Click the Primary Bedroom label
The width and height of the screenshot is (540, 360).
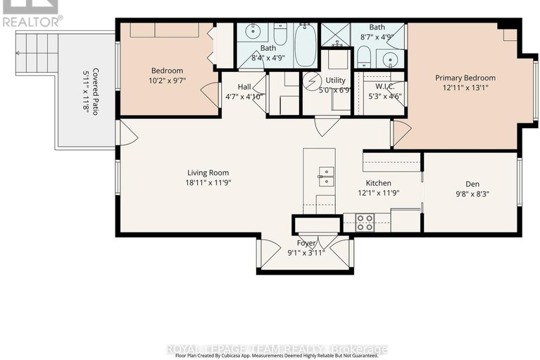465,78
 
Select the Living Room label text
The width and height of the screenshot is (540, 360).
208,173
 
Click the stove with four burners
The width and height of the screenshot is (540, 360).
365,223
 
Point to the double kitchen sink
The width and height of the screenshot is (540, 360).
325,176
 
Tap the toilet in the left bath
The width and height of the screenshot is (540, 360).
280,34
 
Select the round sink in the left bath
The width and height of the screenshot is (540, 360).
251,33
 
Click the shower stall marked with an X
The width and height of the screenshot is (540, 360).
335,34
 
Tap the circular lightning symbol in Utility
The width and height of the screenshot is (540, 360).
311,80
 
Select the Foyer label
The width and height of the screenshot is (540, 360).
306,243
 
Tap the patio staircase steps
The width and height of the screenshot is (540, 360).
36,49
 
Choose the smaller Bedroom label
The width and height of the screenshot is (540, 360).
167,70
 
